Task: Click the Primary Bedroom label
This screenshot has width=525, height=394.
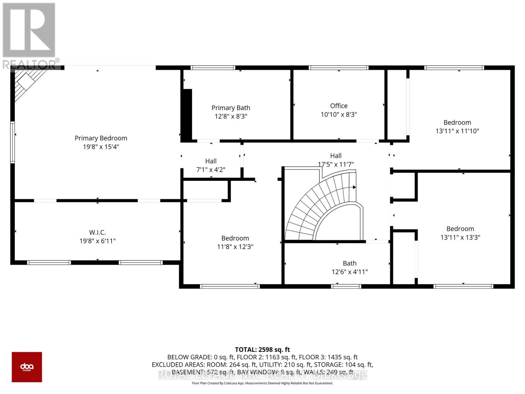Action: tap(101, 138)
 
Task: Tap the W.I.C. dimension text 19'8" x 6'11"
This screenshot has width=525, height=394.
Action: tap(97, 241)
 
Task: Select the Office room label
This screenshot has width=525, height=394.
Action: tap(339, 106)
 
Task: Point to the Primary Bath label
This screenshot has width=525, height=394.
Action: tap(231, 108)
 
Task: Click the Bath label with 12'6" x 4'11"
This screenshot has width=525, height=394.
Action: tap(349, 263)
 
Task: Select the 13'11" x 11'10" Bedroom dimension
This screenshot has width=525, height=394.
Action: tap(457, 131)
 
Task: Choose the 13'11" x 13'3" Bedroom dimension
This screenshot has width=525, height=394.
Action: tap(460, 237)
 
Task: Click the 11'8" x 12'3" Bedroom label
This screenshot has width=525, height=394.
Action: tap(235, 238)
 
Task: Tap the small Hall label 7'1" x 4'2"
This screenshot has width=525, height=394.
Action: tap(211, 161)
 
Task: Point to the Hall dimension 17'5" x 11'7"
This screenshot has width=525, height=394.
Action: tap(336, 164)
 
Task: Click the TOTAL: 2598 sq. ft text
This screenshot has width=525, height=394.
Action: tap(262, 350)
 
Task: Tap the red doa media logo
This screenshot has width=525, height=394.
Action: tap(27, 367)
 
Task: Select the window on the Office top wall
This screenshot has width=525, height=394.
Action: tap(339, 68)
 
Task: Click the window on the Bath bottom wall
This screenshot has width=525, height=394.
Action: tap(346, 286)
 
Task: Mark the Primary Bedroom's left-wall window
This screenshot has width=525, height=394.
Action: tap(12, 142)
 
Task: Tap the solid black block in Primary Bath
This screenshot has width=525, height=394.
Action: tap(187, 115)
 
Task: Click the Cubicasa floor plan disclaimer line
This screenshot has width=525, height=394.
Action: tap(262, 383)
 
